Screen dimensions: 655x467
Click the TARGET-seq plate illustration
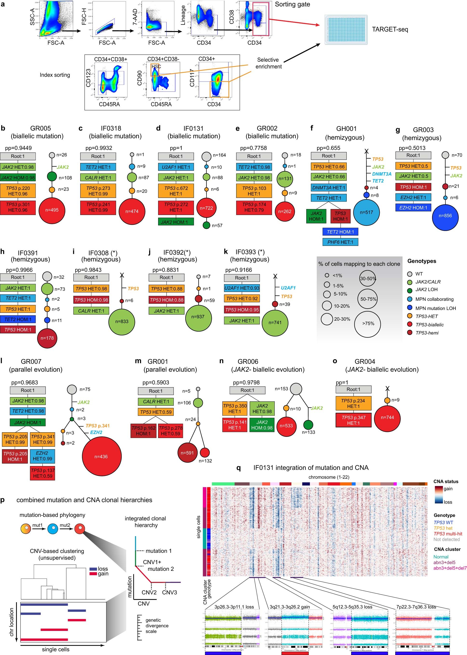click(346, 30)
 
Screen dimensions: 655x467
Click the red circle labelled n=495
click(52, 210)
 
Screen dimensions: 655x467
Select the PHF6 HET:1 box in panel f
click(340, 242)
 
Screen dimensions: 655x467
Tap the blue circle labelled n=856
click(445, 216)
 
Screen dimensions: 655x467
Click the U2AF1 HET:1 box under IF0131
click(176, 167)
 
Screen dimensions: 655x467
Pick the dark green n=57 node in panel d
click(207, 225)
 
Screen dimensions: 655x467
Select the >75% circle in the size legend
click(368, 324)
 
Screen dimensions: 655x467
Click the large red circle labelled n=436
click(101, 457)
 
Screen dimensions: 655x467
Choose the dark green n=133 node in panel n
click(308, 425)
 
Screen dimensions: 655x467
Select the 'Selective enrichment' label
click(268, 63)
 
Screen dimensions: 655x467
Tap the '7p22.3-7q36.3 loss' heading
click(416, 607)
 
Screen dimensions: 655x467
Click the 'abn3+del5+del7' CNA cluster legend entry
click(450, 568)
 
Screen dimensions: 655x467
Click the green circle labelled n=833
click(122, 321)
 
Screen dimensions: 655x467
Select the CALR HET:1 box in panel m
click(156, 401)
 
